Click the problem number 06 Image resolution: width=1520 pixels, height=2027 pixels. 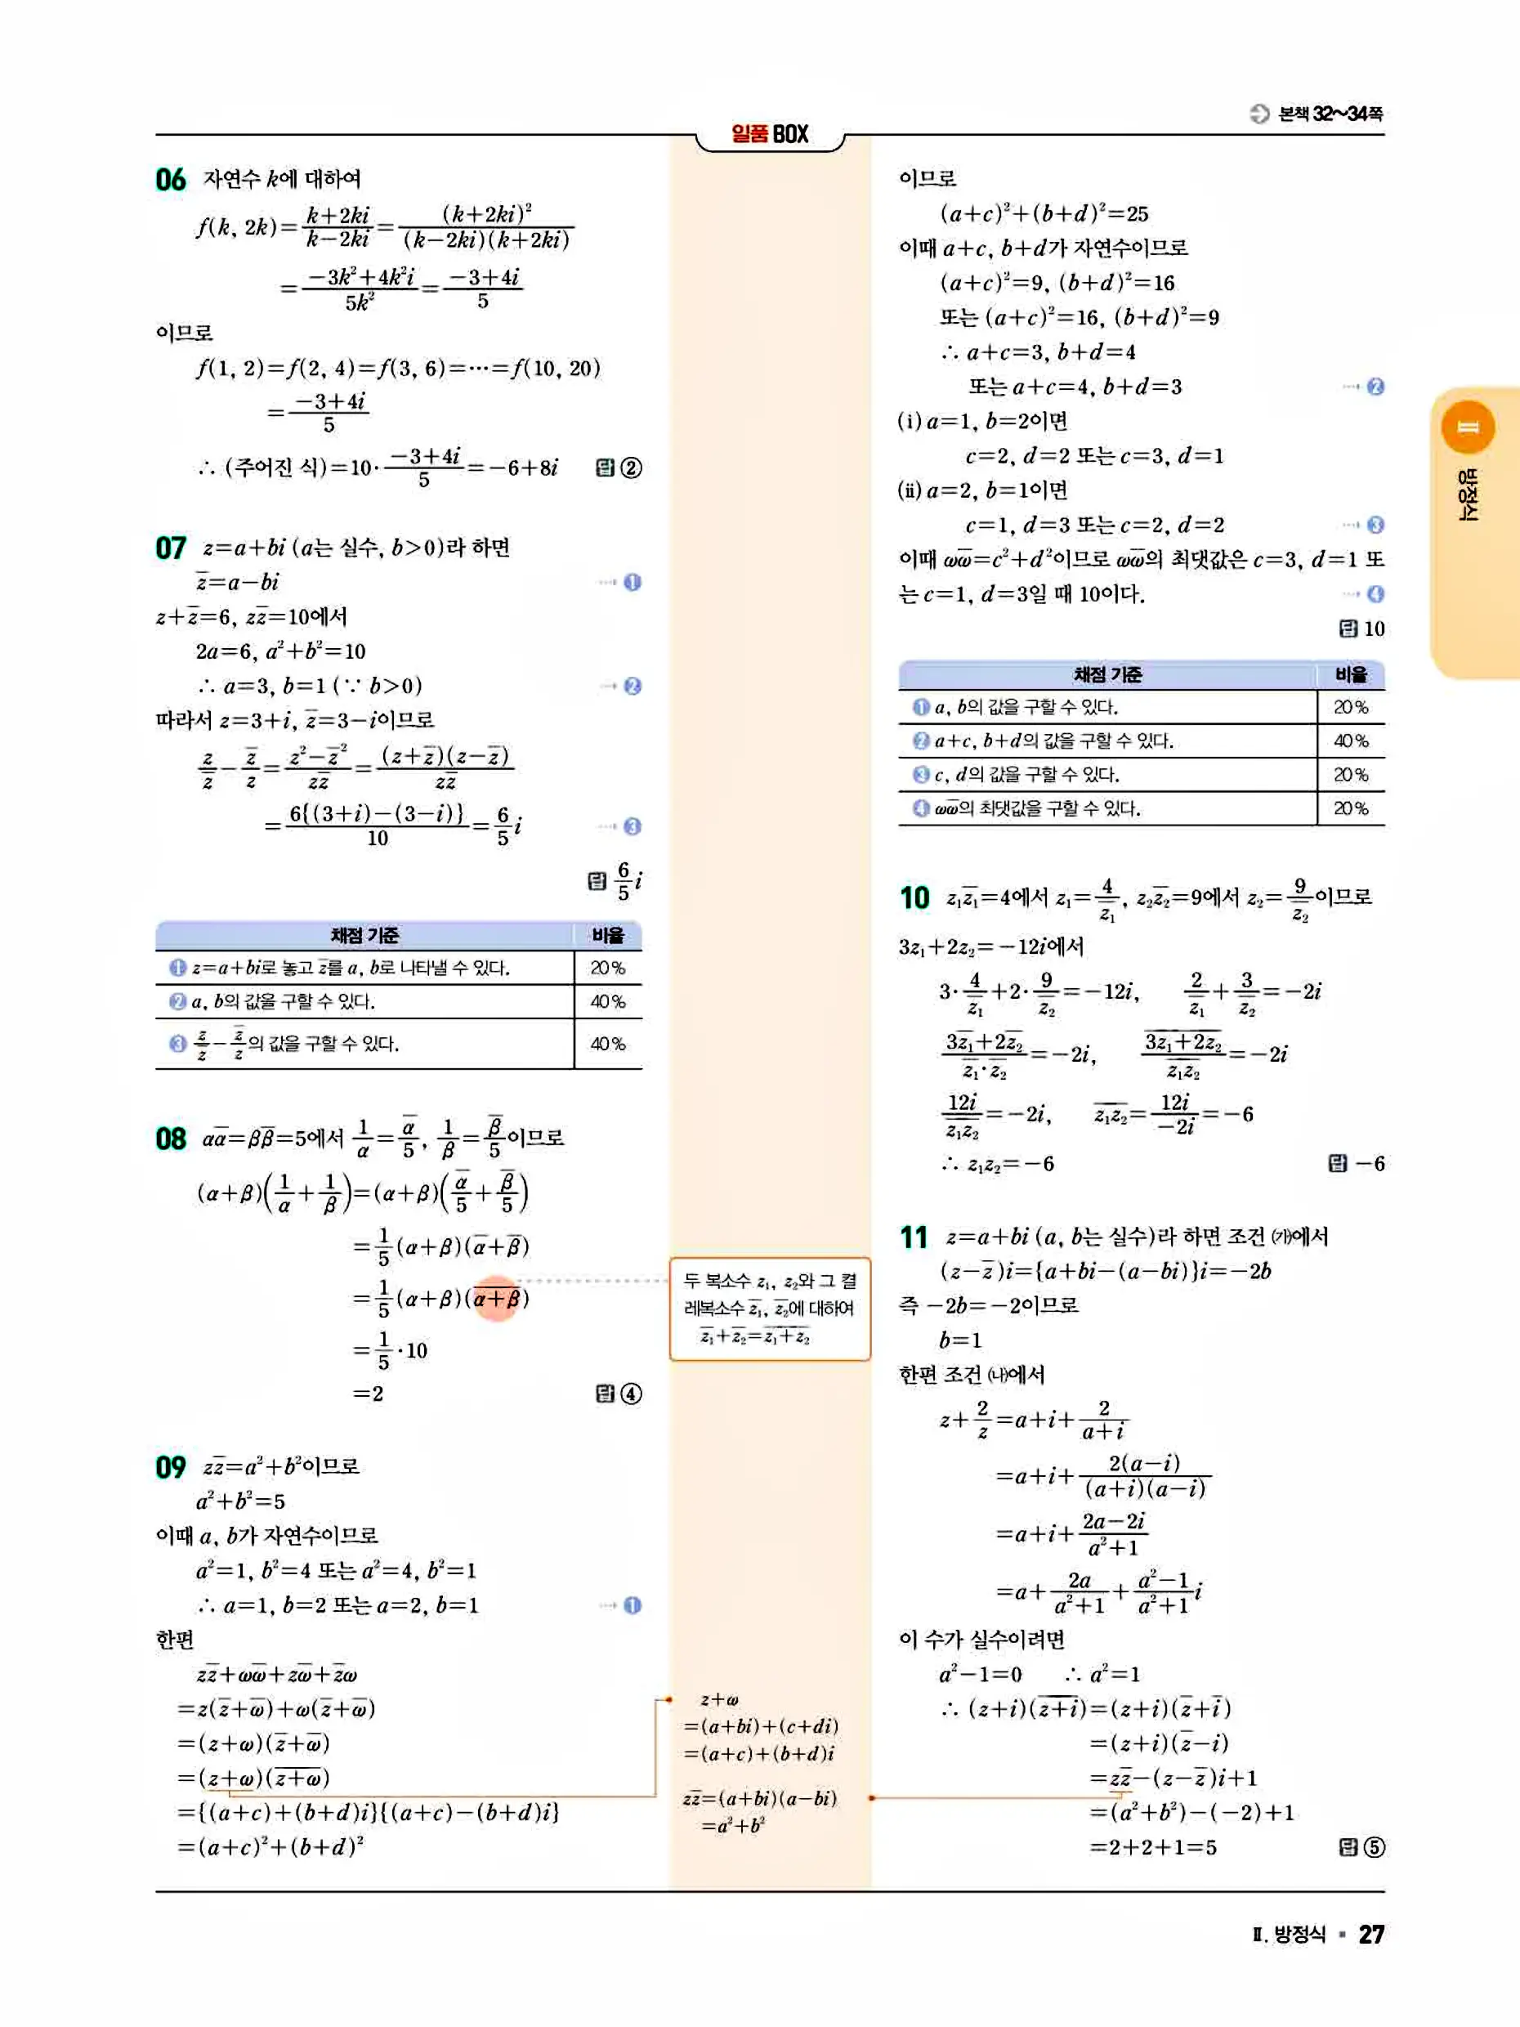[171, 180]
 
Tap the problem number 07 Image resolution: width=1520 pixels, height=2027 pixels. [171, 548]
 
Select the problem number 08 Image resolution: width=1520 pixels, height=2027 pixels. [171, 1139]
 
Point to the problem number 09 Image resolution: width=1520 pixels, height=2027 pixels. [171, 1467]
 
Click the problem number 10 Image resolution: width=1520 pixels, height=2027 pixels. [914, 898]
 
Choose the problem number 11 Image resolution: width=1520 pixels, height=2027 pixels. [914, 1238]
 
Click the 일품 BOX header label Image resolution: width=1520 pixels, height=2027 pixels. [770, 135]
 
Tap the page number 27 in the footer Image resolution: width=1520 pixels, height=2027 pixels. [1370, 1935]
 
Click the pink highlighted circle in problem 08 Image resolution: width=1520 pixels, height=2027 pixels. [498, 1299]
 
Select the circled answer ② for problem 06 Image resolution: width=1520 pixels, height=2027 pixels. [631, 468]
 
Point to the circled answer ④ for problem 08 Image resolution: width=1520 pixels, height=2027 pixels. [631, 1394]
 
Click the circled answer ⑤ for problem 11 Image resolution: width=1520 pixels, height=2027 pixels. [1375, 1847]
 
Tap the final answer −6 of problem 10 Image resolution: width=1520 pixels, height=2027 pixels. [1370, 1164]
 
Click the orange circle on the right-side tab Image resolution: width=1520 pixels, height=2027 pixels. [1468, 427]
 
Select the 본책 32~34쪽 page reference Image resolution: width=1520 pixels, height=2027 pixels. [1330, 114]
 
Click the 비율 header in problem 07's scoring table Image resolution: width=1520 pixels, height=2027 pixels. [607, 936]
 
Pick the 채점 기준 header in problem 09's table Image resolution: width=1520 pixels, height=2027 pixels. [1106, 675]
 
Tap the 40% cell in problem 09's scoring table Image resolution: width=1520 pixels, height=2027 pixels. [1351, 741]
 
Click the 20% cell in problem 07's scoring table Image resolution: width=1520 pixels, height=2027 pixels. [607, 968]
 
